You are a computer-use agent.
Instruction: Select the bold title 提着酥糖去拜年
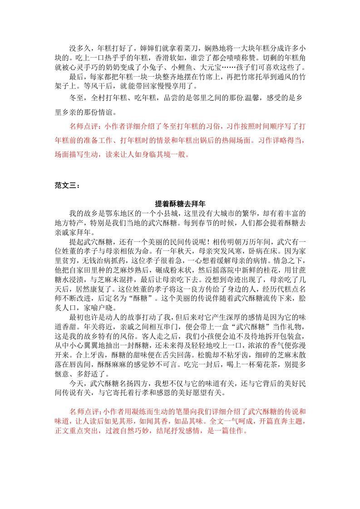pos(180,204)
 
